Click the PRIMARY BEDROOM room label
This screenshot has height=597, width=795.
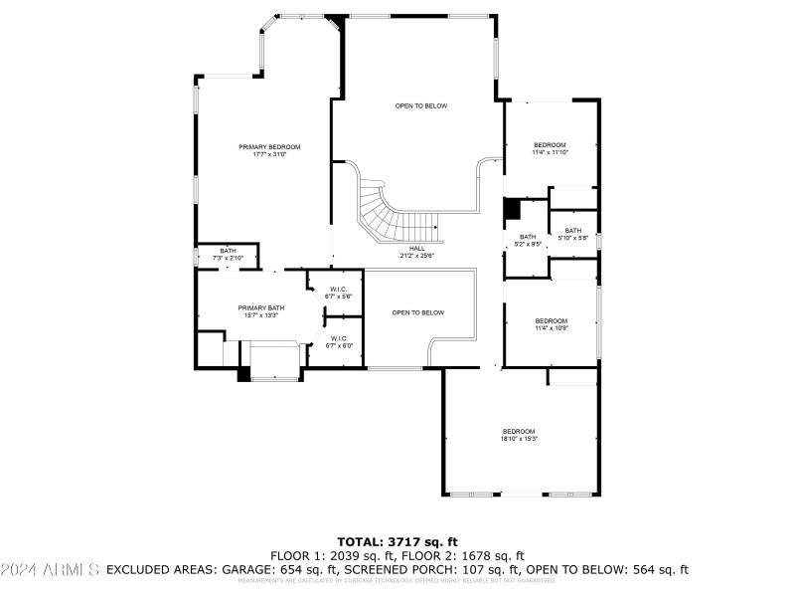click(269, 151)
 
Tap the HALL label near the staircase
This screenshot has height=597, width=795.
click(417, 252)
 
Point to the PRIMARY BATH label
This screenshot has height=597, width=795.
click(260, 311)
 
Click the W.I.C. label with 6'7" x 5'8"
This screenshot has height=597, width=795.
click(339, 293)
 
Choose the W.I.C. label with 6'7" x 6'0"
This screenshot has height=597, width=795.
click(339, 341)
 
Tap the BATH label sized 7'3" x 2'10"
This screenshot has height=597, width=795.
click(228, 255)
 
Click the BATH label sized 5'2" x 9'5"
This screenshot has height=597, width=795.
click(528, 240)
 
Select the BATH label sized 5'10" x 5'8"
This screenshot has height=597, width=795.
click(573, 234)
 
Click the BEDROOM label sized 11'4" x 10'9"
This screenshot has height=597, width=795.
click(552, 324)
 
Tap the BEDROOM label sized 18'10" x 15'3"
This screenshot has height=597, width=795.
click(518, 435)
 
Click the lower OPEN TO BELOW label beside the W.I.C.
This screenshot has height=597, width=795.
click(417, 312)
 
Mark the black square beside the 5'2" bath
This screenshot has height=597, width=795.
click(513, 210)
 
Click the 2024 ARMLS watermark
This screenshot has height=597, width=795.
click(50, 570)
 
